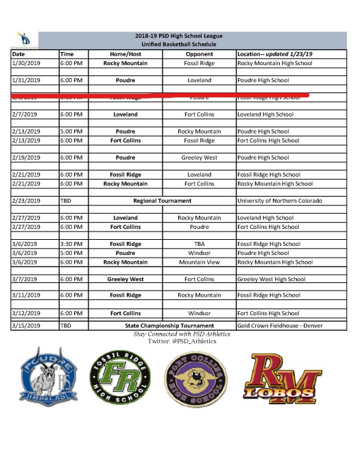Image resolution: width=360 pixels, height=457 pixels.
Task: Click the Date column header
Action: [19, 53]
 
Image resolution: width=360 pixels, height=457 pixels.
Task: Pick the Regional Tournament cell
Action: [162, 201]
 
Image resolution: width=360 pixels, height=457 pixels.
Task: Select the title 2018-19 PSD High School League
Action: [180, 36]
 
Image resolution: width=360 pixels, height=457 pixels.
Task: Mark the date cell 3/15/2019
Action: [27, 325]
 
